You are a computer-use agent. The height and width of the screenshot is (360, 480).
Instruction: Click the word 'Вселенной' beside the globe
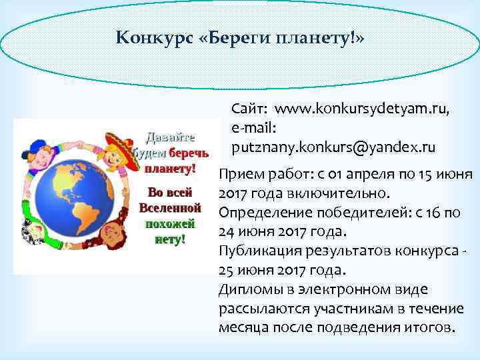point(169,207)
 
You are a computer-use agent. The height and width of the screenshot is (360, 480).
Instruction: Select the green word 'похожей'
point(169,223)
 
